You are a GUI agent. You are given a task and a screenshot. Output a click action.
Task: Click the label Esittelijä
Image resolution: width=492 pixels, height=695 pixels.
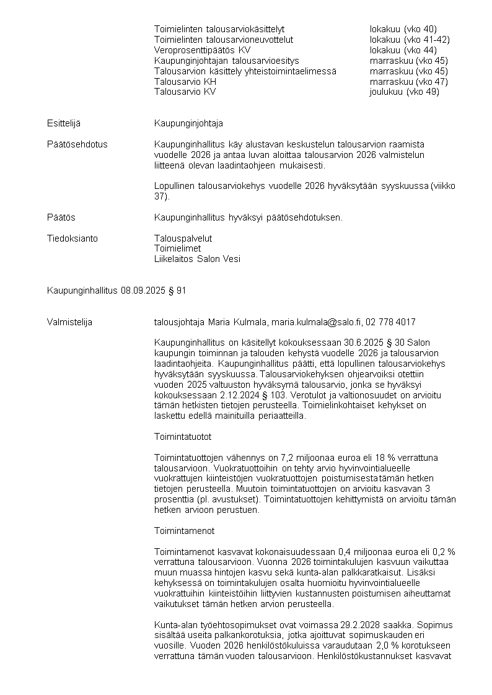[64, 123]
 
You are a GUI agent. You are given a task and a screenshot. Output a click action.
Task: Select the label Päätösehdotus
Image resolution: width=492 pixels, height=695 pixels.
[77, 144]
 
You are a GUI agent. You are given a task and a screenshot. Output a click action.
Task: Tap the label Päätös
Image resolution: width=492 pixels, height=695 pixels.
[61, 217]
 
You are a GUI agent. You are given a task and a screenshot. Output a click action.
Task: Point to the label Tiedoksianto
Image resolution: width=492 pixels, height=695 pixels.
[72, 238]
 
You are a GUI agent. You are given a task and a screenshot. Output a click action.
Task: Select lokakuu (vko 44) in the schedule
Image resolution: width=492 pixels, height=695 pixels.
[403, 50]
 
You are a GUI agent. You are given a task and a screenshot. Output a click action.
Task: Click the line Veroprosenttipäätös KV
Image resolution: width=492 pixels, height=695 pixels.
[202, 50]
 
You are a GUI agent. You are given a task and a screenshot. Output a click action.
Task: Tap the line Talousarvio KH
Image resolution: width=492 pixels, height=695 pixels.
[185, 82]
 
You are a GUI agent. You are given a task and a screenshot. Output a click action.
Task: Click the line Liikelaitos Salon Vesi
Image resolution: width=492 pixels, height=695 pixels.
[197, 260]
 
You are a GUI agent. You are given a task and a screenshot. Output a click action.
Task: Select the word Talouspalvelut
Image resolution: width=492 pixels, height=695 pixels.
[183, 238]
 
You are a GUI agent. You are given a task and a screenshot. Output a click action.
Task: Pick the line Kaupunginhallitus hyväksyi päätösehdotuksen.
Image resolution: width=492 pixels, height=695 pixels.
[248, 217]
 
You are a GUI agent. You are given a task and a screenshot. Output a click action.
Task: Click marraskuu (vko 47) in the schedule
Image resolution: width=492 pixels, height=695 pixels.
[408, 82]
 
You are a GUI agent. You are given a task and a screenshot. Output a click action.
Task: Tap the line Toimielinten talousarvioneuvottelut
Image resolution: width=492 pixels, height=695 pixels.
[223, 40]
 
